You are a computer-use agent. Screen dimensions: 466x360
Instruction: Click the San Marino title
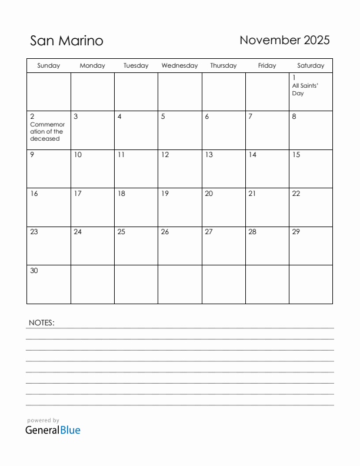tap(66, 41)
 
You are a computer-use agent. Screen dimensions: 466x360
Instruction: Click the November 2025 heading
tap(285, 40)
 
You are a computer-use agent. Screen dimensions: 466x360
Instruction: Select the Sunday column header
tap(48, 66)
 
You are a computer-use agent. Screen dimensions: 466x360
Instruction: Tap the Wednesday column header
tap(179, 66)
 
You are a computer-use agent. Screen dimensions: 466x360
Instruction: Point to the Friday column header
tap(267, 66)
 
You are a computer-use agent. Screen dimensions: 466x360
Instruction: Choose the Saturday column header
tap(311, 66)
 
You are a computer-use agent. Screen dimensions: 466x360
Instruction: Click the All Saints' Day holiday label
tap(305, 89)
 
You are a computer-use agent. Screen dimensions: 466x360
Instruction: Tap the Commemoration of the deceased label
tap(47, 132)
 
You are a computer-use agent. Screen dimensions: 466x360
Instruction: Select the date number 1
tap(294, 78)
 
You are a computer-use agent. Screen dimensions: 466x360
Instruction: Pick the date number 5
tap(163, 116)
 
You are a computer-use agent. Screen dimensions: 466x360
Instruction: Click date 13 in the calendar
tap(208, 155)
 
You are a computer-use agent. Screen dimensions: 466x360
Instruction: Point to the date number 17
tap(78, 194)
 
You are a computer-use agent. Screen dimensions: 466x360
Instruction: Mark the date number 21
tap(252, 194)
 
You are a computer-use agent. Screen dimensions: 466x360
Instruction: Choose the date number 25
tap(121, 232)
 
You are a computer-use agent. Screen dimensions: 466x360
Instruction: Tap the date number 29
tap(296, 232)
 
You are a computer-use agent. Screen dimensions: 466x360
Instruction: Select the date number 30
tap(34, 271)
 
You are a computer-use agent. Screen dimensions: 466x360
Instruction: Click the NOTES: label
tap(41, 322)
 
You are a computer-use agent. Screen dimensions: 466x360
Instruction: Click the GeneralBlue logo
tap(52, 430)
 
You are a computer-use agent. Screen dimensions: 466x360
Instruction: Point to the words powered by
tap(43, 421)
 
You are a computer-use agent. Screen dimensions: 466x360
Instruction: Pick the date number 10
tap(78, 155)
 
